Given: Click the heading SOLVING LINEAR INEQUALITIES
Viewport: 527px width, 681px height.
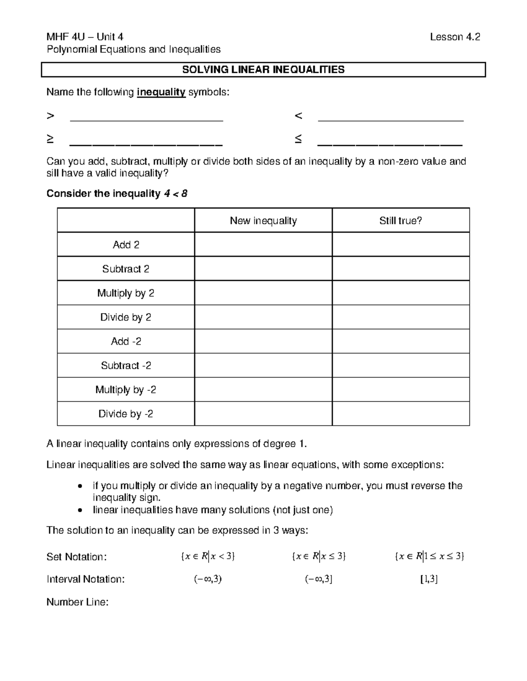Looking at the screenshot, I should click(263, 70).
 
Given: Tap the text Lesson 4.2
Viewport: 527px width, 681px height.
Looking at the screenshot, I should click(455, 37).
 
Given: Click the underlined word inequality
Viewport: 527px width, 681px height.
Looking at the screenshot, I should click(161, 93).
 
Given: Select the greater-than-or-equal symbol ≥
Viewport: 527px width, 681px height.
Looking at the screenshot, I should click(51, 139).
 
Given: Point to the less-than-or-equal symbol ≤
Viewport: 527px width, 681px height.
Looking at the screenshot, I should click(298, 139).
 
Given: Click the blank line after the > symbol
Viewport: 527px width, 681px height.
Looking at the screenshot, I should click(146, 120).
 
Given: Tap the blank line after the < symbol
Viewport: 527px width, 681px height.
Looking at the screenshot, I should click(390, 120).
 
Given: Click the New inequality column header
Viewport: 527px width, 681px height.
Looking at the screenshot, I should click(263, 221).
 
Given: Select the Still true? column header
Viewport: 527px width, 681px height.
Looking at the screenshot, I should click(401, 221).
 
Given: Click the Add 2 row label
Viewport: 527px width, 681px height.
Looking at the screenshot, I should click(126, 245).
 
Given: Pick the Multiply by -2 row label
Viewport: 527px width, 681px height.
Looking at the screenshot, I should click(126, 390).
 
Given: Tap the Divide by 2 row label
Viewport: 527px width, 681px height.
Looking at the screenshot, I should click(126, 317).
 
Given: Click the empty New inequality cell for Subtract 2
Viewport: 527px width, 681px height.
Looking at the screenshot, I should click(263, 269).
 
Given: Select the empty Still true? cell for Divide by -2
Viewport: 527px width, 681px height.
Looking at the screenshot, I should click(401, 414).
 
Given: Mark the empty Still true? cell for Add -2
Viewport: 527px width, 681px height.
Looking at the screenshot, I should click(401, 341).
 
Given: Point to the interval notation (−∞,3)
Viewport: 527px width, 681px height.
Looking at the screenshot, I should click(208, 579).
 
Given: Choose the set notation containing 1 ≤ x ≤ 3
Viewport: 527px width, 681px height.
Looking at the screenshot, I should click(430, 556).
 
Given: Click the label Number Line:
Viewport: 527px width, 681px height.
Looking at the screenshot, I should click(77, 602).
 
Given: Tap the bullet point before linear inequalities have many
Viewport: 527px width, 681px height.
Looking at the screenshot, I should click(79, 510).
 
